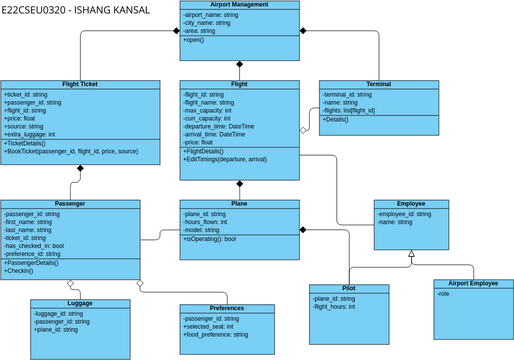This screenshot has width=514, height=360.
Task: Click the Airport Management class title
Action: pos(240,5)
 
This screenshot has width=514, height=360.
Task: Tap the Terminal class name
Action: pos(379,84)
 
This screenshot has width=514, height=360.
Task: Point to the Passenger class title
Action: pos(69,204)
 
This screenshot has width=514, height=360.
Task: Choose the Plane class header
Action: pos(240,204)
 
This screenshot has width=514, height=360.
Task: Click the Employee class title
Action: pos(410,204)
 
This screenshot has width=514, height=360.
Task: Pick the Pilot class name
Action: pos(349,288)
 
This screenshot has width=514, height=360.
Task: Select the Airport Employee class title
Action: pos(473,284)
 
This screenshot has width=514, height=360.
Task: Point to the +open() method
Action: pos(196,40)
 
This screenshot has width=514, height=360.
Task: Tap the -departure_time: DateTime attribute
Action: pos(220,127)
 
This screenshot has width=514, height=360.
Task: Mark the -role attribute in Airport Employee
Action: pos(444,294)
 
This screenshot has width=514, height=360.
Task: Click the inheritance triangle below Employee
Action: pos(411,256)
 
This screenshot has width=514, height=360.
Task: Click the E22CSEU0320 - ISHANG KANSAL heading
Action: pos(76,11)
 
